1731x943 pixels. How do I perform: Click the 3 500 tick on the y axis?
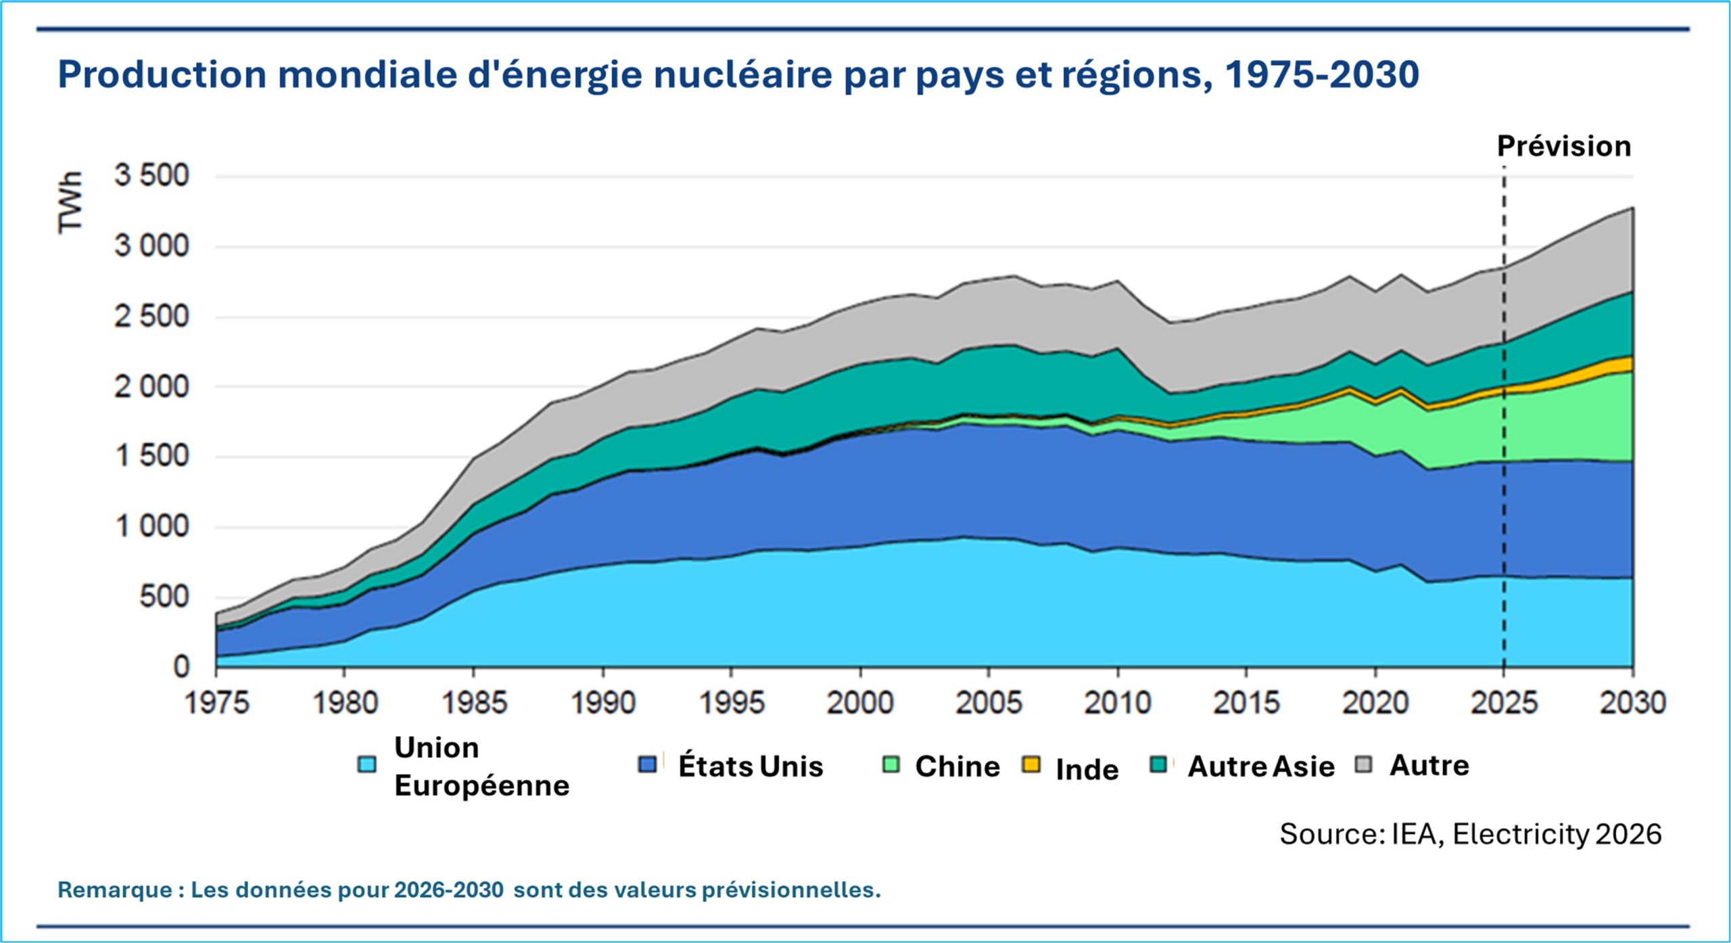pyautogui.click(x=151, y=176)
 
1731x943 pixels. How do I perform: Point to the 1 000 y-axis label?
pyautogui.click(x=151, y=526)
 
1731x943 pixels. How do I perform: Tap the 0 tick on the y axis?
pyautogui.click(x=181, y=667)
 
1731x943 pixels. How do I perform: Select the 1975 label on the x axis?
pyautogui.click(x=217, y=703)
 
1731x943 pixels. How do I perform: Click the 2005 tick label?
pyautogui.click(x=989, y=703)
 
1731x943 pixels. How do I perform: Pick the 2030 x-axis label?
pyautogui.click(x=1632, y=703)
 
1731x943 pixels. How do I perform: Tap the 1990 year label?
pyautogui.click(x=603, y=703)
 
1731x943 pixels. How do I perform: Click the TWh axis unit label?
pyautogui.click(x=70, y=202)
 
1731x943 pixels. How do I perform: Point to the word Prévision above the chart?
pyautogui.click(x=1563, y=146)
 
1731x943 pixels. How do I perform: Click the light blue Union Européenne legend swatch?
pyautogui.click(x=366, y=765)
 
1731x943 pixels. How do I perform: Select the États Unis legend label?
pyautogui.click(x=751, y=766)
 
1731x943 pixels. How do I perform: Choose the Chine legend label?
pyautogui.click(x=957, y=766)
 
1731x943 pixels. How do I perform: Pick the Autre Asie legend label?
pyautogui.click(x=1261, y=766)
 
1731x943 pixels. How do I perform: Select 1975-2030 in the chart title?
pyautogui.click(x=1321, y=74)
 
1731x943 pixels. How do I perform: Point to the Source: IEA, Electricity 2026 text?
pyautogui.click(x=1470, y=834)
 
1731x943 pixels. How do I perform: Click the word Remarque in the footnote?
pyautogui.click(x=114, y=890)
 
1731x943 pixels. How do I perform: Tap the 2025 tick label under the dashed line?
pyautogui.click(x=1504, y=703)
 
